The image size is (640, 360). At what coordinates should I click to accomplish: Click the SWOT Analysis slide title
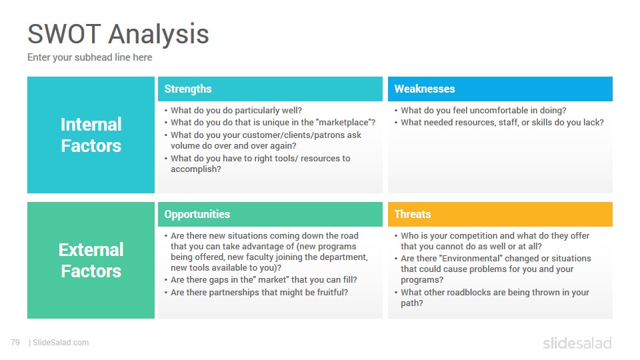tap(119, 34)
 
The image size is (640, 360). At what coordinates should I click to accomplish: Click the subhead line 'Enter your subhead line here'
tap(90, 57)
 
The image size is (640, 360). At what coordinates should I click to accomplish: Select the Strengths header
tap(188, 89)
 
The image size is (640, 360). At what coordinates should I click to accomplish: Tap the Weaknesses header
tap(425, 89)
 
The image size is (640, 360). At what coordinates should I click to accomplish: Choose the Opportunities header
tap(197, 214)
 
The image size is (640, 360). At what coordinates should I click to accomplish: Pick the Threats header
tap(413, 214)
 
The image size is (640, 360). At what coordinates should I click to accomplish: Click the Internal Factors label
tap(91, 135)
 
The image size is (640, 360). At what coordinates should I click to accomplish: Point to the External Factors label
tap(91, 261)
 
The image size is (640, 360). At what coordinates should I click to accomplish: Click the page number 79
tap(15, 343)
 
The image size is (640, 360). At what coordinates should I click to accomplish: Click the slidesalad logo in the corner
tap(577, 343)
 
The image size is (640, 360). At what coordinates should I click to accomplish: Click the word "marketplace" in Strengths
tap(343, 123)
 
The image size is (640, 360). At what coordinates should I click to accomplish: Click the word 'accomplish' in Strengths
tap(194, 169)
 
